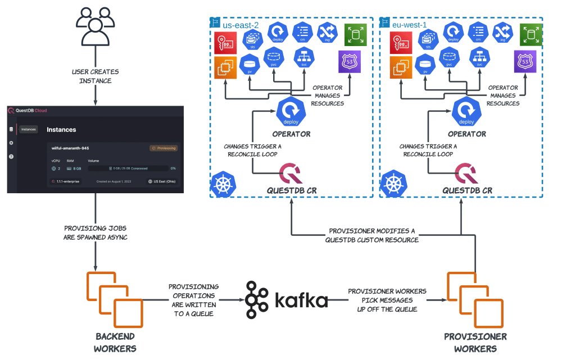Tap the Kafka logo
287,300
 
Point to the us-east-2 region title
240,25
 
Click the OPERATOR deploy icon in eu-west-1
466,112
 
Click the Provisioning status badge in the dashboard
164,148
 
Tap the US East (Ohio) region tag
161,181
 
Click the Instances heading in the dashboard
61,130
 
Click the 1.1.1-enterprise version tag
66,181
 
